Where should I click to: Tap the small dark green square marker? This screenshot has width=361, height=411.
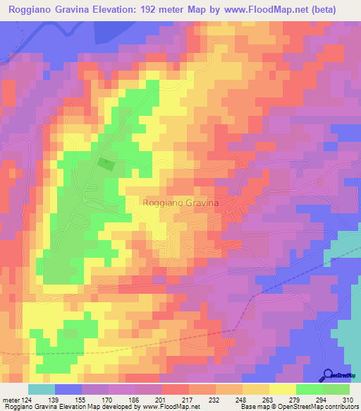(106, 164)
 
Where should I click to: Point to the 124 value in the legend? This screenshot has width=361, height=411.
(27, 400)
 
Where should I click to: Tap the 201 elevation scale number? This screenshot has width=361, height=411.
(162, 400)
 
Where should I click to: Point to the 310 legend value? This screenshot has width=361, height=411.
(347, 400)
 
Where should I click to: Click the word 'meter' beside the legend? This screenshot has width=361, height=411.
(11, 400)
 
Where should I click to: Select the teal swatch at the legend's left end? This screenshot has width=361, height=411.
(42, 389)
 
